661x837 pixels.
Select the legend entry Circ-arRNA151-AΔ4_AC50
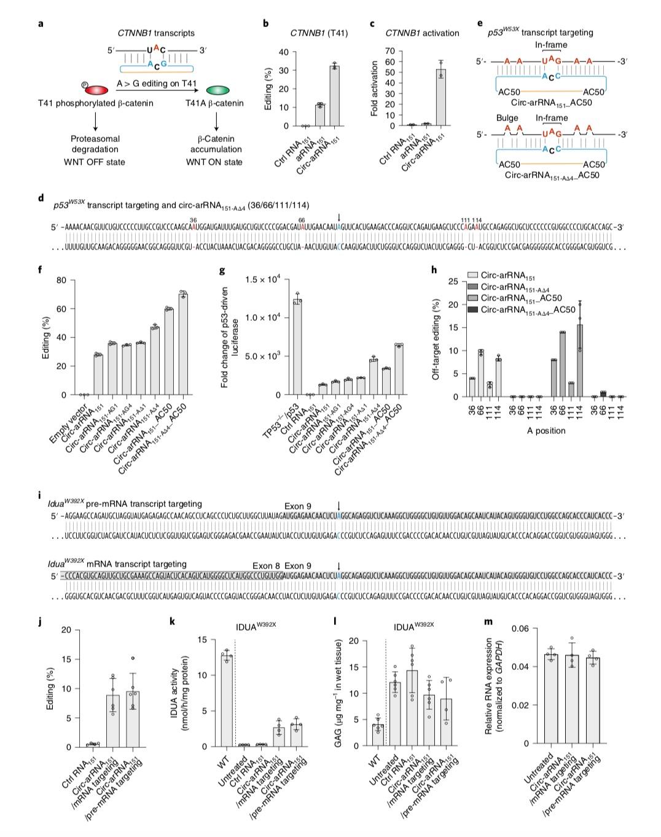pos(524,310)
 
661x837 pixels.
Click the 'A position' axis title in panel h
pos(546,431)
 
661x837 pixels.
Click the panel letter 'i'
pos(40,495)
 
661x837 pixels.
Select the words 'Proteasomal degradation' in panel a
pos(95,144)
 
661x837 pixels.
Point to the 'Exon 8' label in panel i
pos(267,564)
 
